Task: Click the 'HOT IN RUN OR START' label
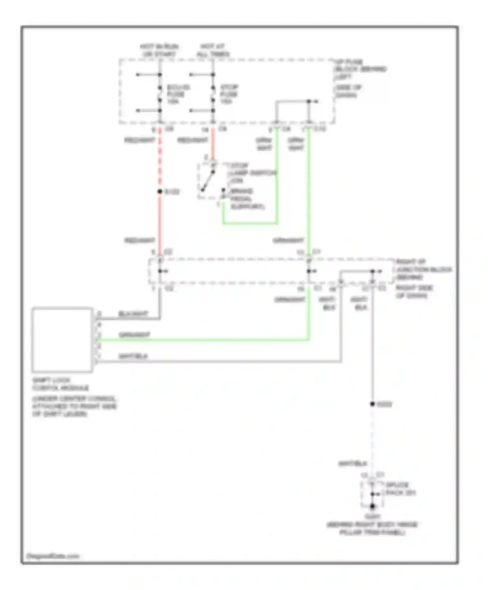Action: tap(159, 50)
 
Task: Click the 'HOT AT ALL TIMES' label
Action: tap(213, 50)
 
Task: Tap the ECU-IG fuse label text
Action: tap(178, 94)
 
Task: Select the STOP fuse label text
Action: tap(229, 94)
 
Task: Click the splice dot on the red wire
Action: tap(160, 192)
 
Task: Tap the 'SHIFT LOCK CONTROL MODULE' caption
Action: tap(60, 384)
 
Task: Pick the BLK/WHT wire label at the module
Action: tap(133, 314)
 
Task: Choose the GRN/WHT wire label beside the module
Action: tap(135, 335)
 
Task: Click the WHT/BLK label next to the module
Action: tap(133, 356)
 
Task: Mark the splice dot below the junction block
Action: tap(373, 404)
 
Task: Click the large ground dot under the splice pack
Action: tap(373, 506)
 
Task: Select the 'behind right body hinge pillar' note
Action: tap(372, 529)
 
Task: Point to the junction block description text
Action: tap(423, 278)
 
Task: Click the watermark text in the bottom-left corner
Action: tap(53, 556)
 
